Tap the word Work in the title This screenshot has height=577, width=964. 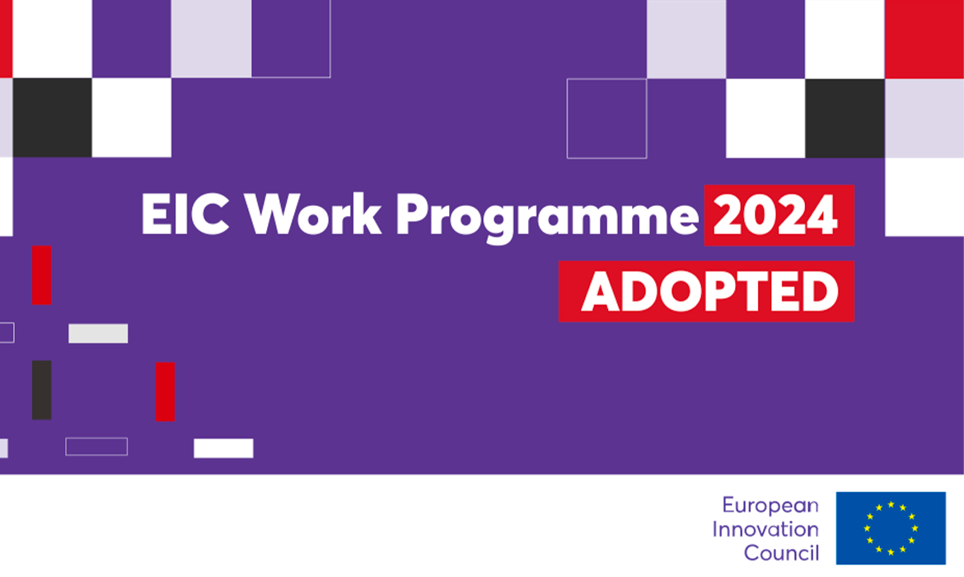coord(313,214)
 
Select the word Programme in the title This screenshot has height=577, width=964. coord(547,218)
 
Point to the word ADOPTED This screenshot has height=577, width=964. coord(710,292)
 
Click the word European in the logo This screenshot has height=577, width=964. coord(770,505)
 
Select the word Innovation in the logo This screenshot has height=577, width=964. coord(765,529)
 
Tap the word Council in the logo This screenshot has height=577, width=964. coord(781,552)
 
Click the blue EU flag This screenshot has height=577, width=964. coord(890,528)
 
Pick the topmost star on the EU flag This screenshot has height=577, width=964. coord(891,504)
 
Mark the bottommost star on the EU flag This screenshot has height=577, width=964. coord(891,552)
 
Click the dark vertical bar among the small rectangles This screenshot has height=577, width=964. coord(42,390)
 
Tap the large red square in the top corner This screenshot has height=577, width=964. coord(924,39)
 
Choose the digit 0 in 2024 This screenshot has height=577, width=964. coord(760,214)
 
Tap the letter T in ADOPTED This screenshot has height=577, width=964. coord(757,292)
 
